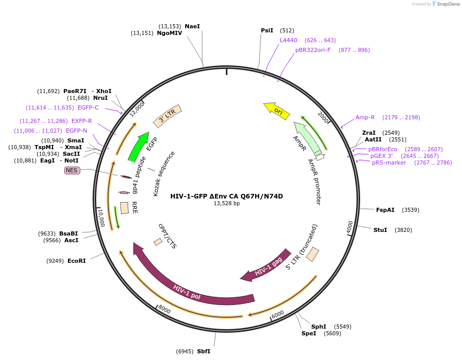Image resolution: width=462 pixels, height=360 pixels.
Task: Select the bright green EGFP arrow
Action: click(x=138, y=147)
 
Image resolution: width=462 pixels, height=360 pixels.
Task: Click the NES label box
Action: click(x=72, y=170)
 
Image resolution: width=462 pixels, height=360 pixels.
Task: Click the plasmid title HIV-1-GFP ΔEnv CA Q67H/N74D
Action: click(x=226, y=196)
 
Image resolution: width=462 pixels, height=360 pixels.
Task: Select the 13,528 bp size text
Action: click(x=226, y=204)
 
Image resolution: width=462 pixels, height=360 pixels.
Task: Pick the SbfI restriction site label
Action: click(x=203, y=351)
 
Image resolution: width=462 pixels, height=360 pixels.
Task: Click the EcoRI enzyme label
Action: click(x=76, y=261)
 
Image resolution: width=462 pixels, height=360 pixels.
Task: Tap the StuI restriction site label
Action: click(x=380, y=230)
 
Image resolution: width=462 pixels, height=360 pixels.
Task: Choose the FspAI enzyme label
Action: click(x=385, y=210)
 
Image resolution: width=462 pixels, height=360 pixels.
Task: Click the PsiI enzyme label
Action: click(x=267, y=30)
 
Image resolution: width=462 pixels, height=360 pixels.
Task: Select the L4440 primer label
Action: click(x=289, y=40)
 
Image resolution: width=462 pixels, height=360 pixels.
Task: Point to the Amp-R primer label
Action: click(x=365, y=117)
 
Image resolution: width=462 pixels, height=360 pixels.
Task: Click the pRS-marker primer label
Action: click(x=389, y=163)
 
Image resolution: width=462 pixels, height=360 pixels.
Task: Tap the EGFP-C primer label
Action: click(x=88, y=107)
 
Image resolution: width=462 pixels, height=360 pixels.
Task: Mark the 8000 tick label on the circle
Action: click(x=165, y=309)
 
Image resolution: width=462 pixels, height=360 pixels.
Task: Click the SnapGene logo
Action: click(x=446, y=4)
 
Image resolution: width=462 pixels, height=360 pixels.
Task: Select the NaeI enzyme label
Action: click(x=192, y=26)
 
